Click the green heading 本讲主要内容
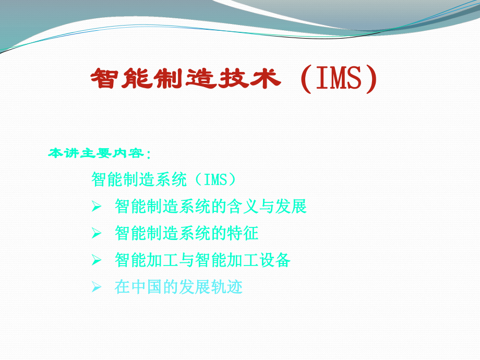click(97, 153)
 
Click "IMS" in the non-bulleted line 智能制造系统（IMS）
click(215, 180)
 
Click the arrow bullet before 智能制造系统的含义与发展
click(96, 207)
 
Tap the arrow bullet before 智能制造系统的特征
click(96, 234)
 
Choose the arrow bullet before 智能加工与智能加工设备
click(96, 260)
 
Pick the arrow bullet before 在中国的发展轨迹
click(96, 287)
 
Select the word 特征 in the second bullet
click(243, 233)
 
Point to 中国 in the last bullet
click(147, 287)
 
